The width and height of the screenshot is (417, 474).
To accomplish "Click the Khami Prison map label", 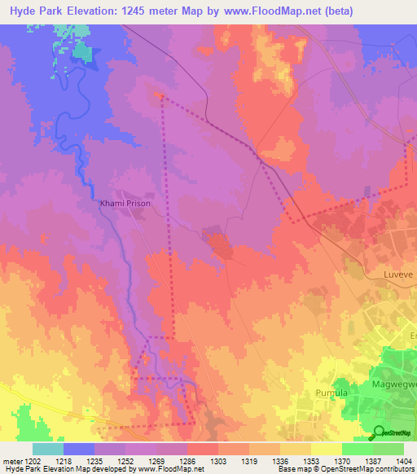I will tap(125, 204).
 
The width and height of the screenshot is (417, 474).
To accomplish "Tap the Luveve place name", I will tap(399, 275).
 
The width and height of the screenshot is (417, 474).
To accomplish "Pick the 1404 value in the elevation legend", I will tap(403, 460).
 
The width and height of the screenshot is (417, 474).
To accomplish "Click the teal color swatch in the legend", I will tap(47, 449).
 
